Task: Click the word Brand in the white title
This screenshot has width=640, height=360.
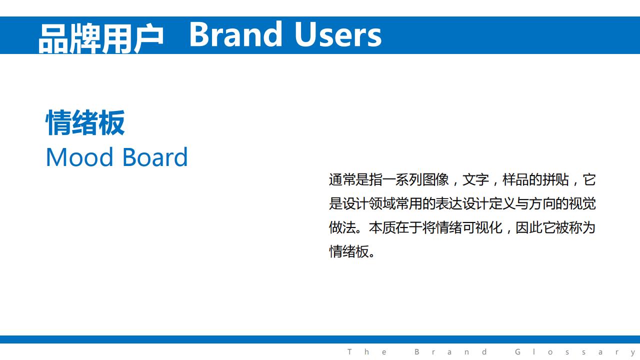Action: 235,34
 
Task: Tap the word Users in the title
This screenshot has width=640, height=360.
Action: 338,34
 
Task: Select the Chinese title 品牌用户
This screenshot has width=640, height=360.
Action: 101,38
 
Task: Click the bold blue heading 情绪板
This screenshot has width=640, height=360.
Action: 85,122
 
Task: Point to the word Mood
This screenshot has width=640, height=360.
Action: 79,157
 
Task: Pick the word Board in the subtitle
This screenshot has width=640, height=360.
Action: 155,157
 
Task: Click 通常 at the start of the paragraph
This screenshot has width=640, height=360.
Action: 342,180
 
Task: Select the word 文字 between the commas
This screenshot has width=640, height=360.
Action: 475,180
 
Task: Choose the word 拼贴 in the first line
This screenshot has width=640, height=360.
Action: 555,180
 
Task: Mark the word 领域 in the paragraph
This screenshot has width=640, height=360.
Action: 382,204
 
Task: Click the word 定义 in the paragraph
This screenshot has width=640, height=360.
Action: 502,204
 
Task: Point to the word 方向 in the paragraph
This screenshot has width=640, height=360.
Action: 542,204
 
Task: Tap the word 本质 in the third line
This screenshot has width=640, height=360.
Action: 382,228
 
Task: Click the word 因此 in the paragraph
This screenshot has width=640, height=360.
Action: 529,228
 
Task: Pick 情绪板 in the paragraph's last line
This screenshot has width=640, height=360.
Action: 348,252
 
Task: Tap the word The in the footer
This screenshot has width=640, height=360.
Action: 367,351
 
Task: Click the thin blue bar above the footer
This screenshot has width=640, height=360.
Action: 320,339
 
